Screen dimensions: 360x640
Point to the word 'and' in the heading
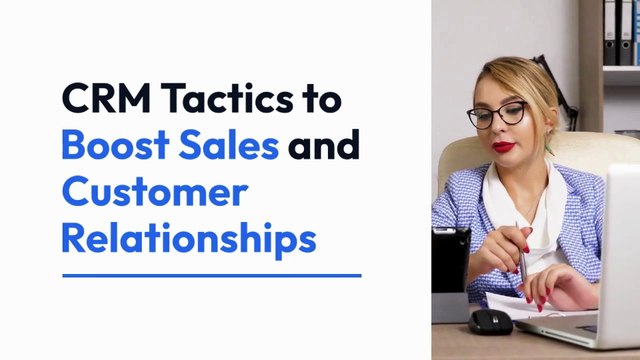coord(323,146)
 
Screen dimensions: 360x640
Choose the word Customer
coord(153,192)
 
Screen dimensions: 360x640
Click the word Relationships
coord(188,240)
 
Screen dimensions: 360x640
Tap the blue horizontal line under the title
coord(211,275)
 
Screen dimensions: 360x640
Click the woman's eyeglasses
coord(498,114)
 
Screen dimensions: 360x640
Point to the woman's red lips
coord(504,146)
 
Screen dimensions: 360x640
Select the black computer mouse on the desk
coord(491,321)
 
